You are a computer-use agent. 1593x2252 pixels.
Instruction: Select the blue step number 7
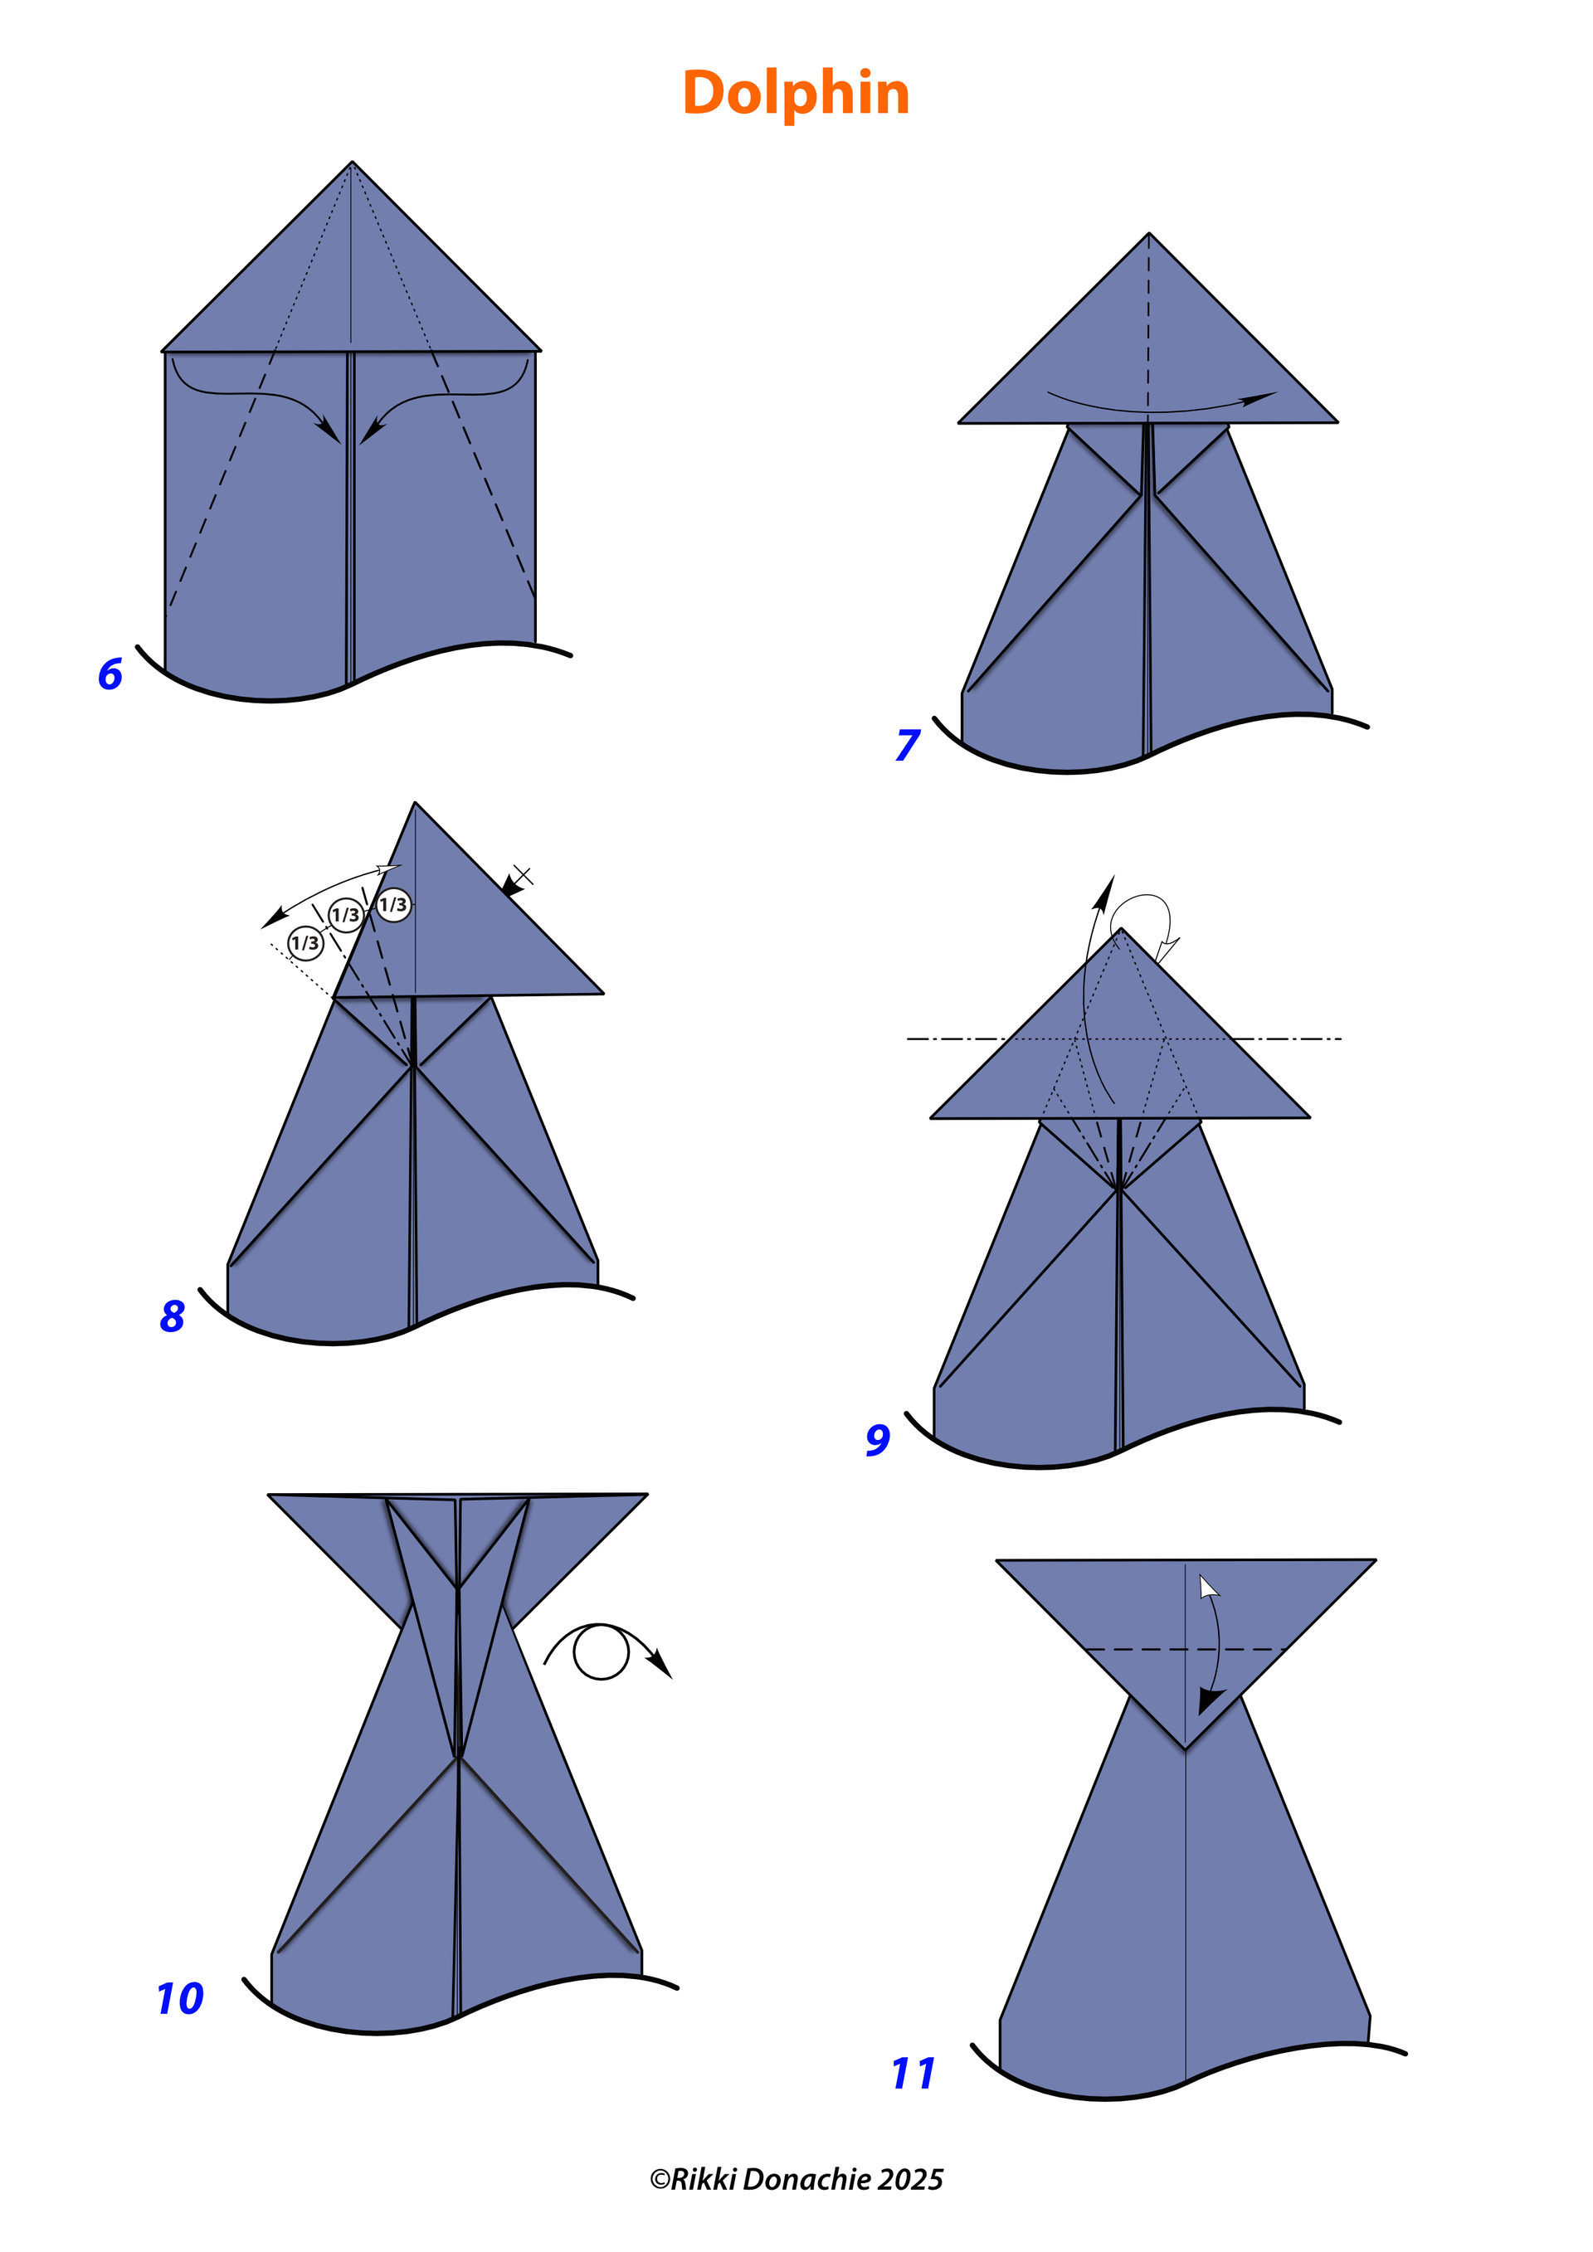908,745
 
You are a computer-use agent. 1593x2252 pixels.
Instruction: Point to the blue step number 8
172,1316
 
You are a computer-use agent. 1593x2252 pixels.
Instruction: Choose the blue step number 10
181,1998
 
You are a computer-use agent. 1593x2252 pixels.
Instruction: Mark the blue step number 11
913,2074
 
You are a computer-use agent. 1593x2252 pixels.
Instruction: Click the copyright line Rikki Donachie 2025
796,2179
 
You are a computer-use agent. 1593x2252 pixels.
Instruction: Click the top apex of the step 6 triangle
352,162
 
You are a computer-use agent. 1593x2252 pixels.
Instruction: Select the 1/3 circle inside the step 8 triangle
393,904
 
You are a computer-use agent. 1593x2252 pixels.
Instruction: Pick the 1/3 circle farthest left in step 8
305,942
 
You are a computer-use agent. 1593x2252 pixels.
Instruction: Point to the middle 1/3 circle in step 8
345,915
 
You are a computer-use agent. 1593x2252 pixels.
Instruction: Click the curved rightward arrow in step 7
1157,409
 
